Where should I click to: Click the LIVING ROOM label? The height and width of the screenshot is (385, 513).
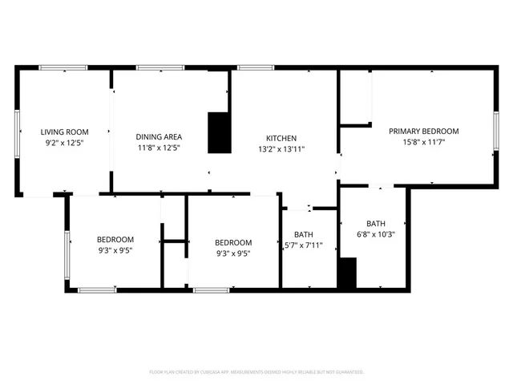click(x=64, y=132)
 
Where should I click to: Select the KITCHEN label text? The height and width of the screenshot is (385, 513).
click(x=281, y=138)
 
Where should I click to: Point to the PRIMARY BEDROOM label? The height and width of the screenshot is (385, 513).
click(x=423, y=131)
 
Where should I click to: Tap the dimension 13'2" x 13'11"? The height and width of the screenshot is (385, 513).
click(x=281, y=149)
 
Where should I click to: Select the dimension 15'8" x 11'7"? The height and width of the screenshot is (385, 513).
click(x=423, y=142)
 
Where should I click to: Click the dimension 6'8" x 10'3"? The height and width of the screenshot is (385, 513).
click(x=376, y=235)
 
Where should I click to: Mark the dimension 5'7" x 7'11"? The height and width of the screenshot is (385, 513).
click(x=303, y=245)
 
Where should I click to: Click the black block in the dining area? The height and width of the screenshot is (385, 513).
click(x=219, y=132)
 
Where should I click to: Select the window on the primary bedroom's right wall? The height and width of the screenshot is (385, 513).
click(x=496, y=132)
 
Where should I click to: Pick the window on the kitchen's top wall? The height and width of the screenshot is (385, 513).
click(x=254, y=68)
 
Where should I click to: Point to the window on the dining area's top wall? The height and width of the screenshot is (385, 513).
click(x=160, y=68)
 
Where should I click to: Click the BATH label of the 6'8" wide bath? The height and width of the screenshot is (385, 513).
click(x=376, y=224)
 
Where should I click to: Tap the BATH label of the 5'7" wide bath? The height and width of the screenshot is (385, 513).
click(x=303, y=234)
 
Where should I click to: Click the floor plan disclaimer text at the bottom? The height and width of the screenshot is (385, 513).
click(x=256, y=372)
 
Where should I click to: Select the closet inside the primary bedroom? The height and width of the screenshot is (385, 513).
click(x=354, y=98)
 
